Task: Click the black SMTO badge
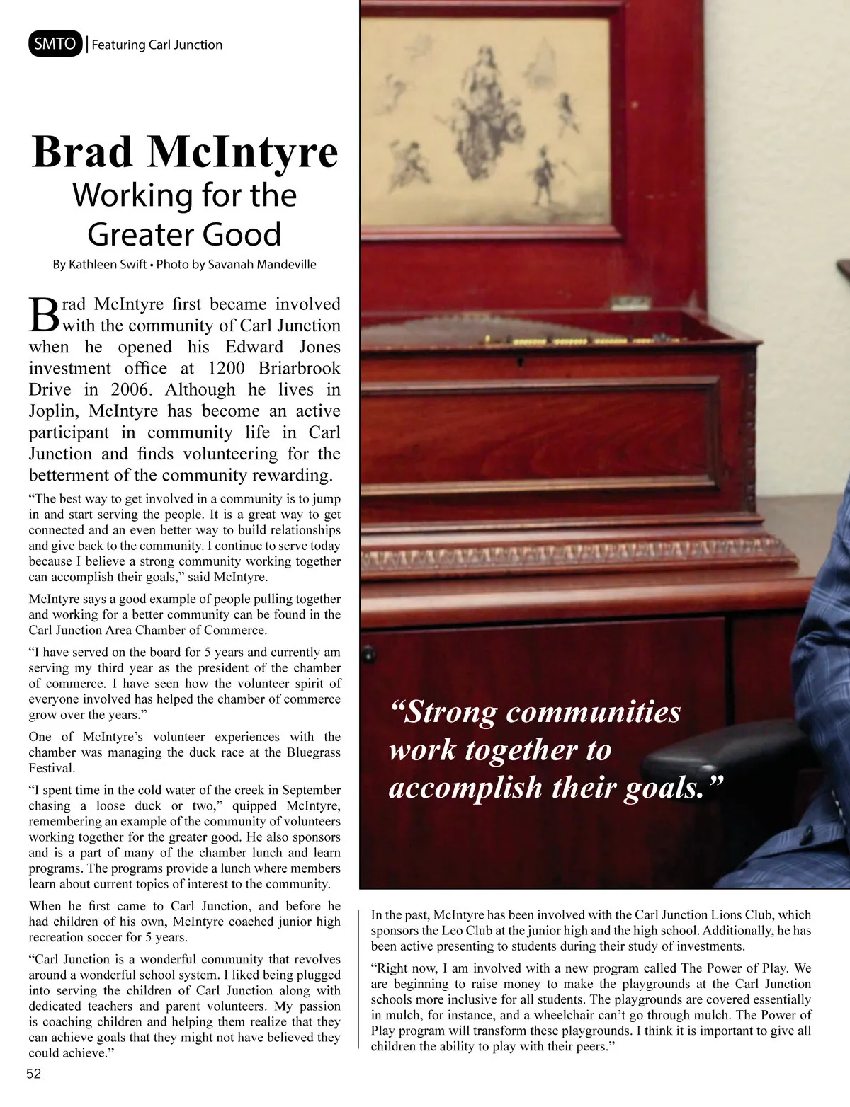coord(55,44)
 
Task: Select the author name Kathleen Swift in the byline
coord(108,265)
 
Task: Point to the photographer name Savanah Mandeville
coord(262,265)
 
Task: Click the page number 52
coord(34,1074)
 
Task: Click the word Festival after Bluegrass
coord(51,768)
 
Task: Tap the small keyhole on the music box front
coord(521,361)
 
